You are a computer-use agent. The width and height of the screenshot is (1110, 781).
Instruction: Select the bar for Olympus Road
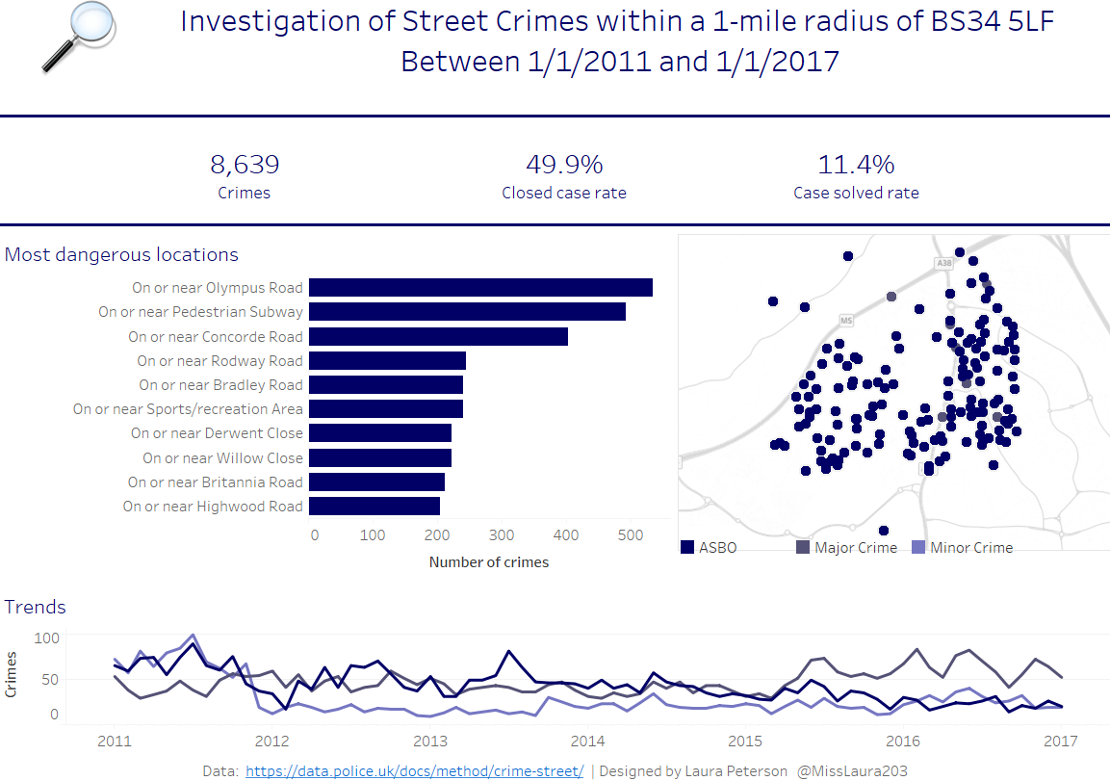point(480,287)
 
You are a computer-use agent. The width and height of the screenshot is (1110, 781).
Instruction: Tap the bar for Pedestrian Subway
point(467,311)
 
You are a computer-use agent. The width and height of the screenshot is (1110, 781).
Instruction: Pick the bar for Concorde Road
point(438,336)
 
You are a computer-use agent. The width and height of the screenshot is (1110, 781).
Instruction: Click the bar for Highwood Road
point(374,506)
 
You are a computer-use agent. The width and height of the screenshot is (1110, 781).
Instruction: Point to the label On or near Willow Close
point(222,457)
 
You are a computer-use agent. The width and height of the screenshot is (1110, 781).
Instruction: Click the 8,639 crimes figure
point(245,165)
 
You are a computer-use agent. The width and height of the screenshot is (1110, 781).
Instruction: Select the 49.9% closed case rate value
point(564,165)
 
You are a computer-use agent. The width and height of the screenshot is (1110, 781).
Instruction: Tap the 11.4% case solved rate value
point(856,165)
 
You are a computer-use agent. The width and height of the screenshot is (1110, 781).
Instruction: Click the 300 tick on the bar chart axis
point(501,534)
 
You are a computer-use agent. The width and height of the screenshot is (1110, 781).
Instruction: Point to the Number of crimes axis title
point(489,562)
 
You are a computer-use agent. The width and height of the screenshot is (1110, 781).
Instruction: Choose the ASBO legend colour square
point(687,547)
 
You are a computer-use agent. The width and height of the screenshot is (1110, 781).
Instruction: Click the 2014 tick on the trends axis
point(587,742)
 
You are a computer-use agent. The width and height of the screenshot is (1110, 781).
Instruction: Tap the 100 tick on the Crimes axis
point(47,638)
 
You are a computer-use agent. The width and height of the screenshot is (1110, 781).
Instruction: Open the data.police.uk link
point(415,770)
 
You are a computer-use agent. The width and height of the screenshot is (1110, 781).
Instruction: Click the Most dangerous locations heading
point(122,254)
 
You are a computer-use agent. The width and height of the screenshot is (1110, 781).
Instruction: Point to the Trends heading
point(36,607)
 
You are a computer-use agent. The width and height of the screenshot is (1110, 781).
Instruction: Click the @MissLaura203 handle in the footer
point(851,770)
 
